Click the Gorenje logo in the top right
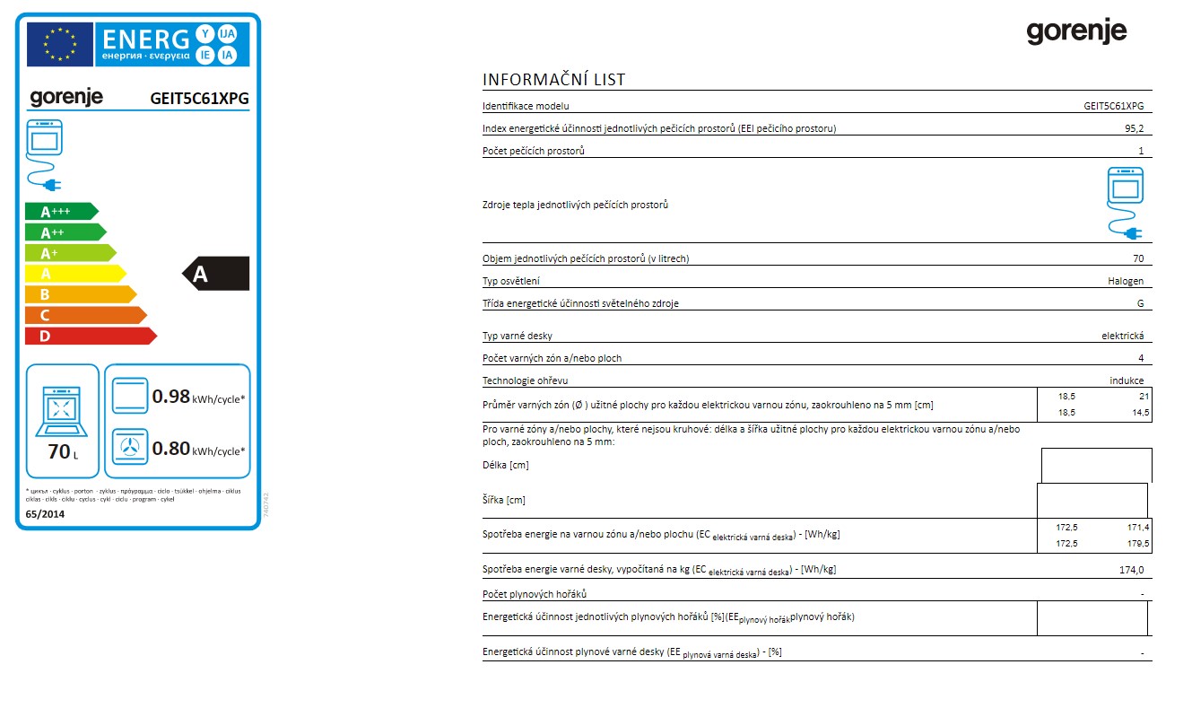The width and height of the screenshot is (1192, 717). point(1076,32)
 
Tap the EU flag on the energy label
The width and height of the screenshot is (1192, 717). point(61,44)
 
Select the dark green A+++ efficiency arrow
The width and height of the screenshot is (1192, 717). point(60,212)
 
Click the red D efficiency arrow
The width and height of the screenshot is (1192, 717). point(90,336)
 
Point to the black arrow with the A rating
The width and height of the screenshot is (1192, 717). point(216,274)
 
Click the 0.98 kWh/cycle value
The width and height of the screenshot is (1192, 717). point(170,397)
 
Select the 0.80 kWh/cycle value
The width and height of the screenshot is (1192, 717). point(170,449)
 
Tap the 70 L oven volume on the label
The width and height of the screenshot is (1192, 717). point(63,451)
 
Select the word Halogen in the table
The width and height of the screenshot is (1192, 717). point(1126,281)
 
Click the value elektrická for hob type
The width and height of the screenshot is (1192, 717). point(1122,336)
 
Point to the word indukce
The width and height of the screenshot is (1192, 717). point(1127,380)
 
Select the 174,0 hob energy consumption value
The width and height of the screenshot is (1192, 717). point(1133,570)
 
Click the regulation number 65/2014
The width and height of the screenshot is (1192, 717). point(46,513)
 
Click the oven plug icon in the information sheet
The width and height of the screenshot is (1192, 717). point(1126,203)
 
